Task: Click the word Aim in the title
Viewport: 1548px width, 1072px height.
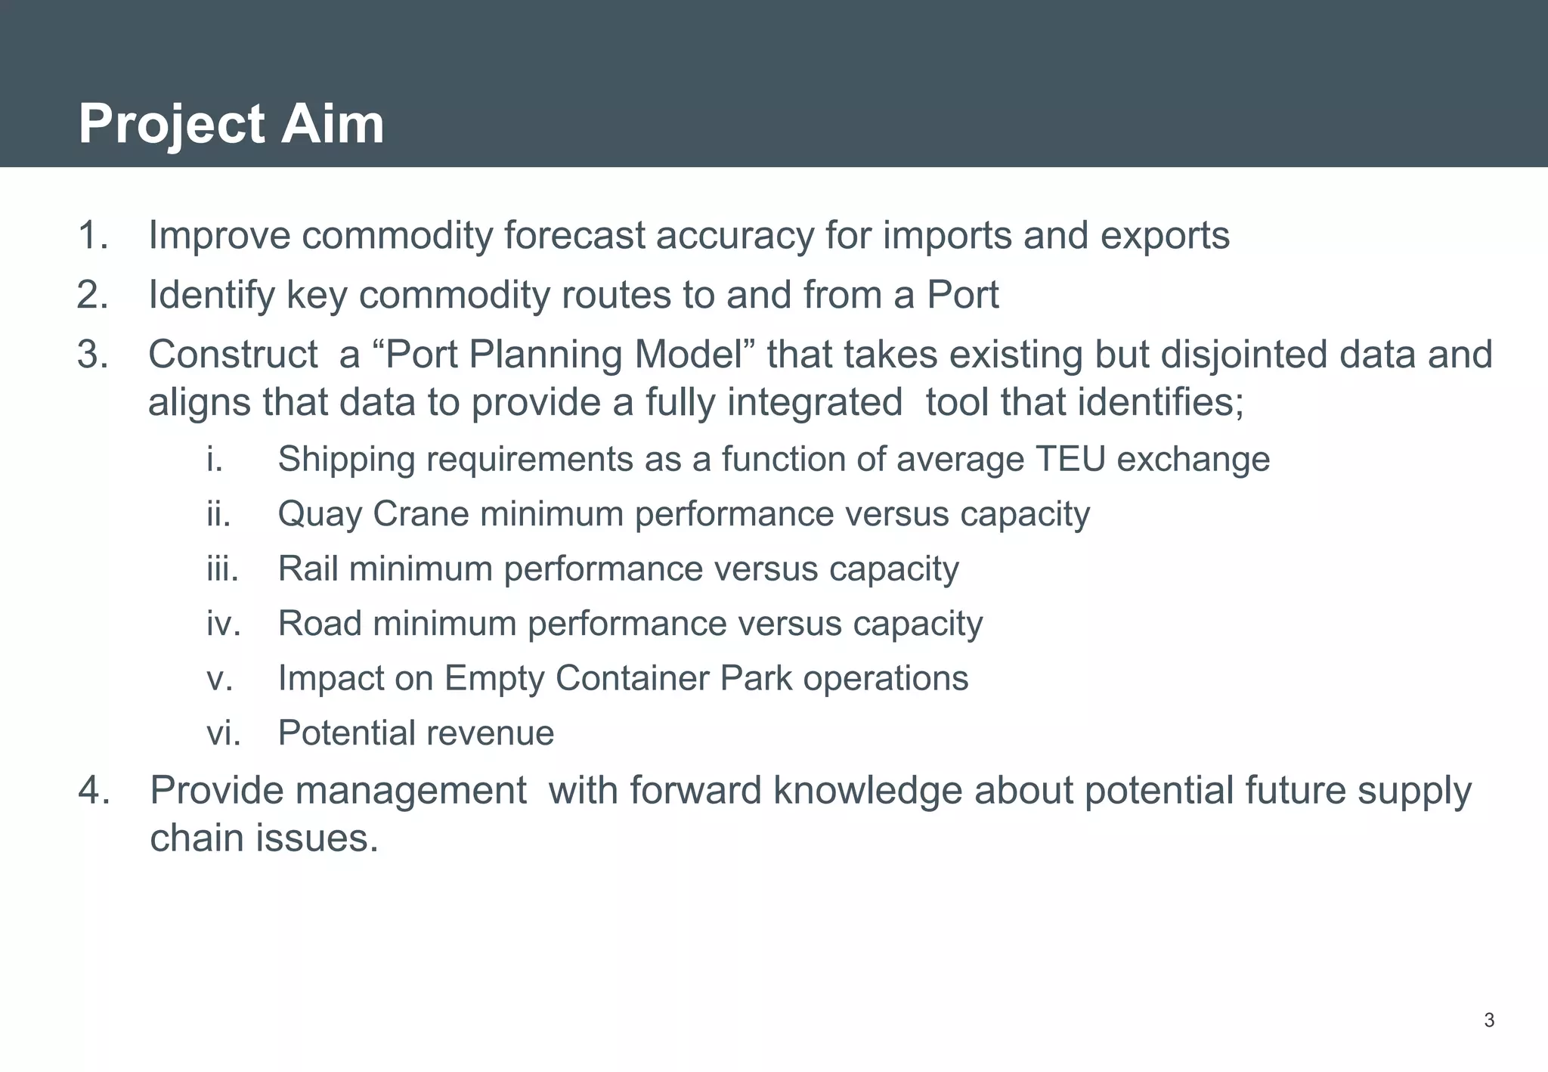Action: [x=333, y=123]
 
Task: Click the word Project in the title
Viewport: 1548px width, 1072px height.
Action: [x=172, y=125]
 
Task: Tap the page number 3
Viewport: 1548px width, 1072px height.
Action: [x=1489, y=1021]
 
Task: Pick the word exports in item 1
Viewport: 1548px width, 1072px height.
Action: [x=1165, y=235]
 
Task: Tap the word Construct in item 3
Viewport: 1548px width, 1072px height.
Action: [x=233, y=355]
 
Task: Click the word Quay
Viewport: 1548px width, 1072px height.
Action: [x=320, y=515]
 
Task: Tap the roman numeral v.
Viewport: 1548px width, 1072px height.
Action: [x=219, y=678]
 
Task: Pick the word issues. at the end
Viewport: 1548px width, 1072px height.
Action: [x=317, y=838]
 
